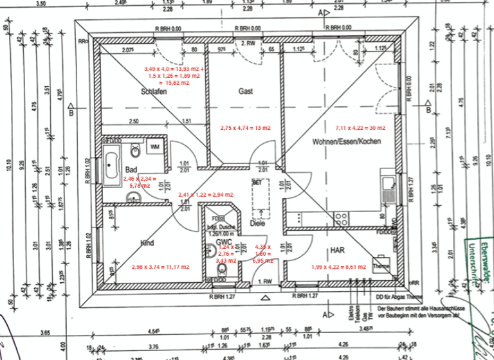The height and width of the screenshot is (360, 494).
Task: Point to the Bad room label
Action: (131, 169)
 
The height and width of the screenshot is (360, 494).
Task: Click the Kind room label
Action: (148, 243)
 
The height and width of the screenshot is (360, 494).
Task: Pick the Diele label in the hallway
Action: (257, 224)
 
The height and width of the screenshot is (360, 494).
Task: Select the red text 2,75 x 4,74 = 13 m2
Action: (244, 128)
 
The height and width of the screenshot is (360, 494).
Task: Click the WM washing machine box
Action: (154, 147)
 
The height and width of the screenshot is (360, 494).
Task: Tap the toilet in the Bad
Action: (134, 153)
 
